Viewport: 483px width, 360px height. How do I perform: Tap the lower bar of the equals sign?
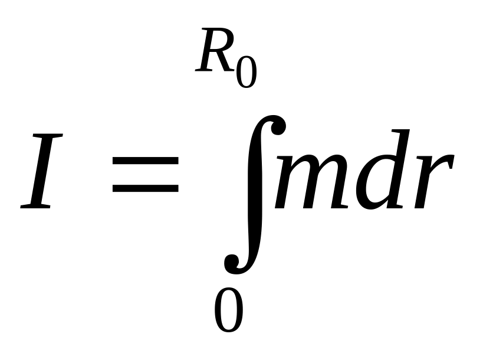click(x=145, y=189)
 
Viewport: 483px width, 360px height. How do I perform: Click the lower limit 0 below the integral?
click(x=228, y=310)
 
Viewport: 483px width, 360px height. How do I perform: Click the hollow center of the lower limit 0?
click(x=228, y=310)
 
